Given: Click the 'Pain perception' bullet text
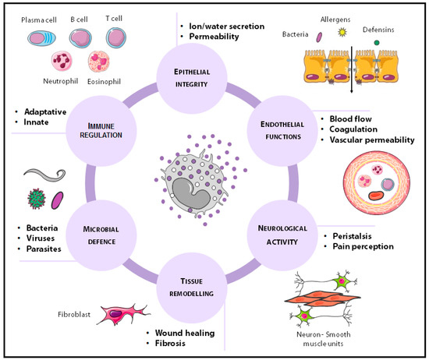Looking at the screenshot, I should click(x=363, y=247).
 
